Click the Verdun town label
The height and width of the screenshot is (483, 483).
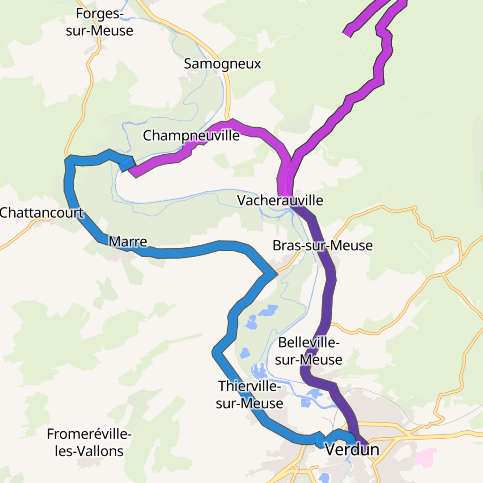coord(352,449)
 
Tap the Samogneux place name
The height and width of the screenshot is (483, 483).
coord(222,64)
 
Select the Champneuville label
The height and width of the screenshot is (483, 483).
coord(191,135)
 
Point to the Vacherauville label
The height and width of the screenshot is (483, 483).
coord(280,200)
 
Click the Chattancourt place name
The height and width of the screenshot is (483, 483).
coord(42,213)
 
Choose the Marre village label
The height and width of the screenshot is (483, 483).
coord(128,242)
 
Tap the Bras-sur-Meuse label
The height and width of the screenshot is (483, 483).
coord(322,246)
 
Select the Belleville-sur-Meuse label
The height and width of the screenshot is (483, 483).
coord(309,351)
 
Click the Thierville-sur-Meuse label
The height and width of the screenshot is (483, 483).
coord(249,395)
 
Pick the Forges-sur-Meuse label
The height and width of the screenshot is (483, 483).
coord(99,22)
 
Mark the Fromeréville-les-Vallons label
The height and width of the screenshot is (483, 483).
coord(89,442)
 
